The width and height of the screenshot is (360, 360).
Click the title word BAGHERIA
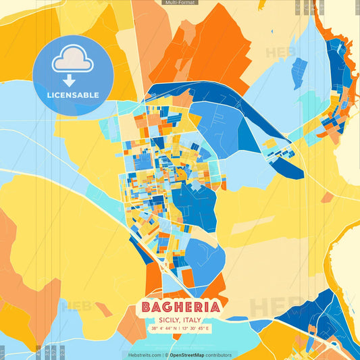tap(180, 307)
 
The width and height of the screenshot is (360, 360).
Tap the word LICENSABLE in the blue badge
tap(73, 95)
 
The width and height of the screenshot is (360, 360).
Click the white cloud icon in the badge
tap(73, 61)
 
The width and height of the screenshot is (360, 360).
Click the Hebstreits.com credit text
tap(143, 355)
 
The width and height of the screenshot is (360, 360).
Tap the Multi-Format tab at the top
tap(180, 3)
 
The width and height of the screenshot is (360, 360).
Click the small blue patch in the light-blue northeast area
tap(299, 68)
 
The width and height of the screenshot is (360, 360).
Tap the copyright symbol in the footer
tap(166, 355)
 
